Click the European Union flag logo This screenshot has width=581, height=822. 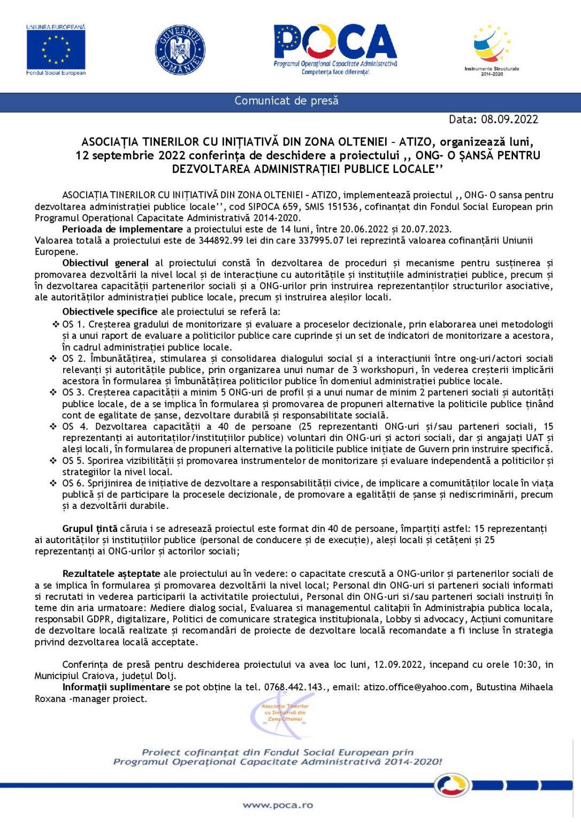coord(56,50)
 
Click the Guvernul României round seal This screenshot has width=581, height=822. coord(180,50)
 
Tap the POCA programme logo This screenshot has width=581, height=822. coord(335,49)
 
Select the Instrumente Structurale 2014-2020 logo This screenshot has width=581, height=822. coord(492,49)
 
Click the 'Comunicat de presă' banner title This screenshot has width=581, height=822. coord(286,101)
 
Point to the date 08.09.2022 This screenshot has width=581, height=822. coord(509,119)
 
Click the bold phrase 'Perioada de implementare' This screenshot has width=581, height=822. coord(123,229)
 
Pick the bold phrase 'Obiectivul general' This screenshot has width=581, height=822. coord(105,263)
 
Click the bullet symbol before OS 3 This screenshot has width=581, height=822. coord(53,392)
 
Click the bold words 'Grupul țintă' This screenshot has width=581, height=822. coord(90,529)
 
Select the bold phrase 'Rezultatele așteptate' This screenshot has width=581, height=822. coord(111,574)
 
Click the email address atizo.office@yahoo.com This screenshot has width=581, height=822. coord(416,687)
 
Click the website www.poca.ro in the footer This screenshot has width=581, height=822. coord(278,805)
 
